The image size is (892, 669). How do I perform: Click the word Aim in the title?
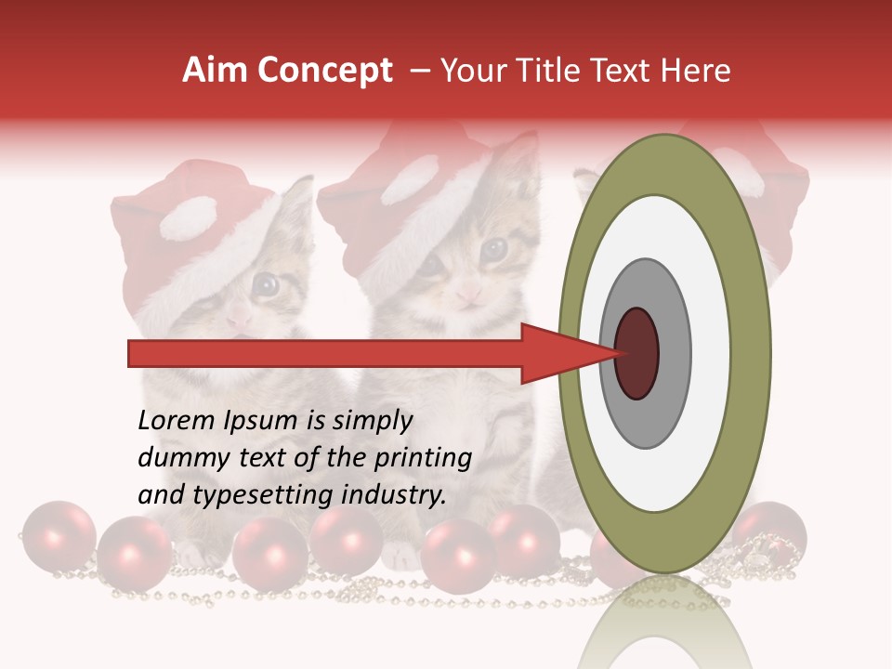click(x=214, y=71)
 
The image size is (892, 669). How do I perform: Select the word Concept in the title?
click(x=324, y=71)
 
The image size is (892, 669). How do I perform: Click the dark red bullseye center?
click(x=636, y=353)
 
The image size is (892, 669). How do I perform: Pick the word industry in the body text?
click(x=393, y=495)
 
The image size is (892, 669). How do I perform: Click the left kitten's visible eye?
click(x=267, y=284)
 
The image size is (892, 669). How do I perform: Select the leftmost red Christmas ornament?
click(x=58, y=537)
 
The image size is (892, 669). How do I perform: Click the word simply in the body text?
click(x=372, y=421)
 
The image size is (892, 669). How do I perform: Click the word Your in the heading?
click(x=470, y=71)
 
